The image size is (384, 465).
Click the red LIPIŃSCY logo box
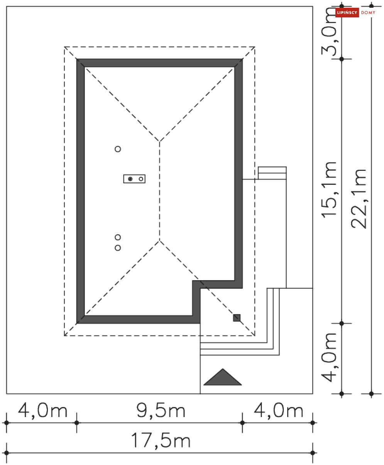(347, 12)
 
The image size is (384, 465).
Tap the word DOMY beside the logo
(368, 13)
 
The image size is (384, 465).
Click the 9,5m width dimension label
(161, 410)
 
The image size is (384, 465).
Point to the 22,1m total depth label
(359, 199)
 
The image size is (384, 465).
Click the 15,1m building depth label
(329, 190)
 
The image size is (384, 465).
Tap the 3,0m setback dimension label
(329, 31)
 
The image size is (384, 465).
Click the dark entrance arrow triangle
(223, 377)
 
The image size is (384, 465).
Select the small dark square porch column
(237, 318)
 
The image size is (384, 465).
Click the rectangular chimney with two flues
(134, 179)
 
